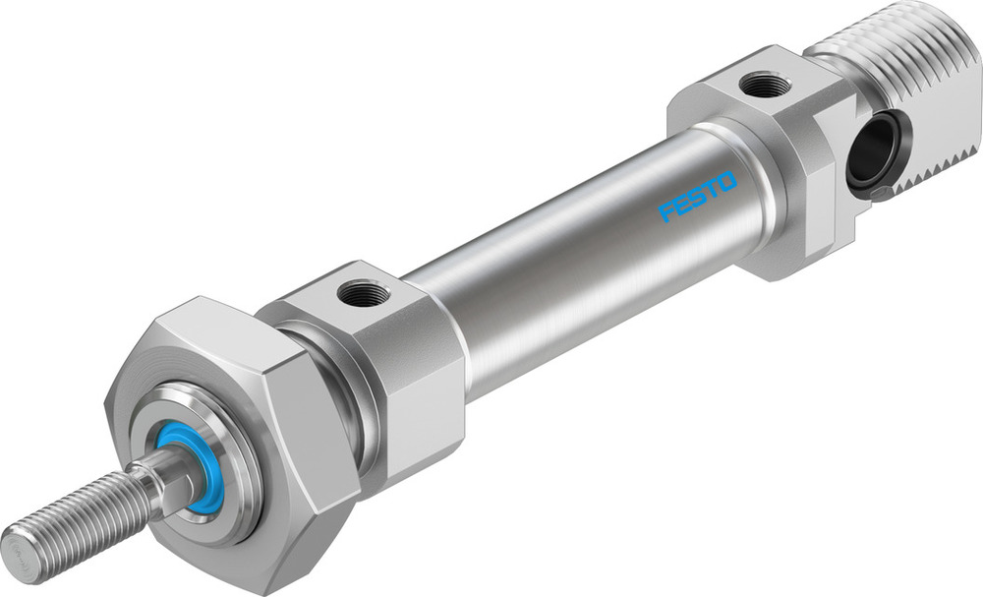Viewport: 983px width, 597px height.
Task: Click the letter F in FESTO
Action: (x=666, y=210)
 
